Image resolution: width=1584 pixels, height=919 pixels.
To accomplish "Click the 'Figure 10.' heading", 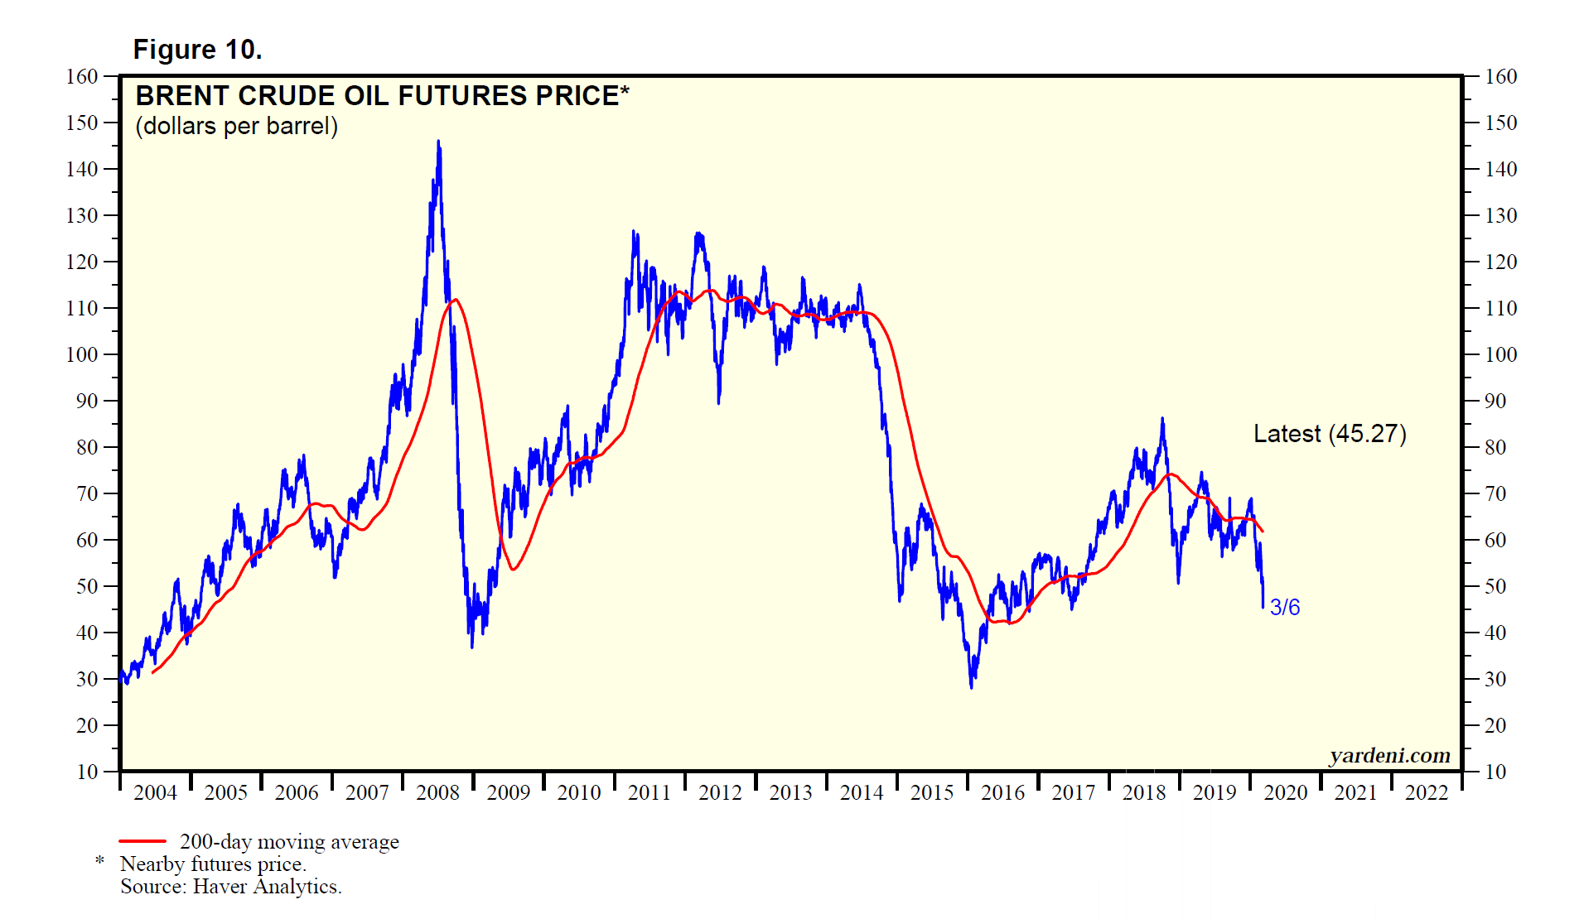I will click(197, 50).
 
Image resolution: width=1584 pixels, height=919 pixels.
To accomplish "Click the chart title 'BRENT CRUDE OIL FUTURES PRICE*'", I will click(382, 96).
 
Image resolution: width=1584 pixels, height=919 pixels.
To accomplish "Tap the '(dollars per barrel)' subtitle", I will click(236, 126).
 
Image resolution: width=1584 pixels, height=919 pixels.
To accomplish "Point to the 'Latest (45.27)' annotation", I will click(1329, 434).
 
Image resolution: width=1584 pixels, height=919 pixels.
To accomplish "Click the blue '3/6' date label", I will click(1284, 607).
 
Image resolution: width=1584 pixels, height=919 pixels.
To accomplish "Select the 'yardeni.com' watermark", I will click(1389, 755).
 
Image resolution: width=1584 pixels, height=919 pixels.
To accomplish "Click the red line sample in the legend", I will click(142, 841).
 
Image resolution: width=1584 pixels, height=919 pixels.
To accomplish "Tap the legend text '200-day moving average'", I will click(289, 841).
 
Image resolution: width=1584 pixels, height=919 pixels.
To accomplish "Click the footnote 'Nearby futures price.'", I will click(213, 864).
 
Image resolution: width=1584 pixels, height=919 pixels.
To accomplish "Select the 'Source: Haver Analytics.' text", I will click(230, 886).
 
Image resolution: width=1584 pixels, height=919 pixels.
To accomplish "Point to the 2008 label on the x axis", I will click(437, 792).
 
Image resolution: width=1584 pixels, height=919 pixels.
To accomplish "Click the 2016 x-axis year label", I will click(1002, 792).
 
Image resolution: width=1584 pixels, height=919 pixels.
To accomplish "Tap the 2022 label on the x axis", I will click(1426, 792).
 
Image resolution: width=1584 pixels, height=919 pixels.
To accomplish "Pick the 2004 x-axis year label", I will click(155, 792).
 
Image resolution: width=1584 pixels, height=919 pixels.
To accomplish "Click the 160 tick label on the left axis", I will click(82, 76).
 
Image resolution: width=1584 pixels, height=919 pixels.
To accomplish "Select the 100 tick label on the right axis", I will click(1500, 354).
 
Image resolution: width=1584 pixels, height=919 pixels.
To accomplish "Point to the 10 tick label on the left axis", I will click(87, 772).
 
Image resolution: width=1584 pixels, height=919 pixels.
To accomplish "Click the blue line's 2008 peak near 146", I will click(438, 142).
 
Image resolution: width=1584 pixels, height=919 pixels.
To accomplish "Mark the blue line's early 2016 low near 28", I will click(971, 686).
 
